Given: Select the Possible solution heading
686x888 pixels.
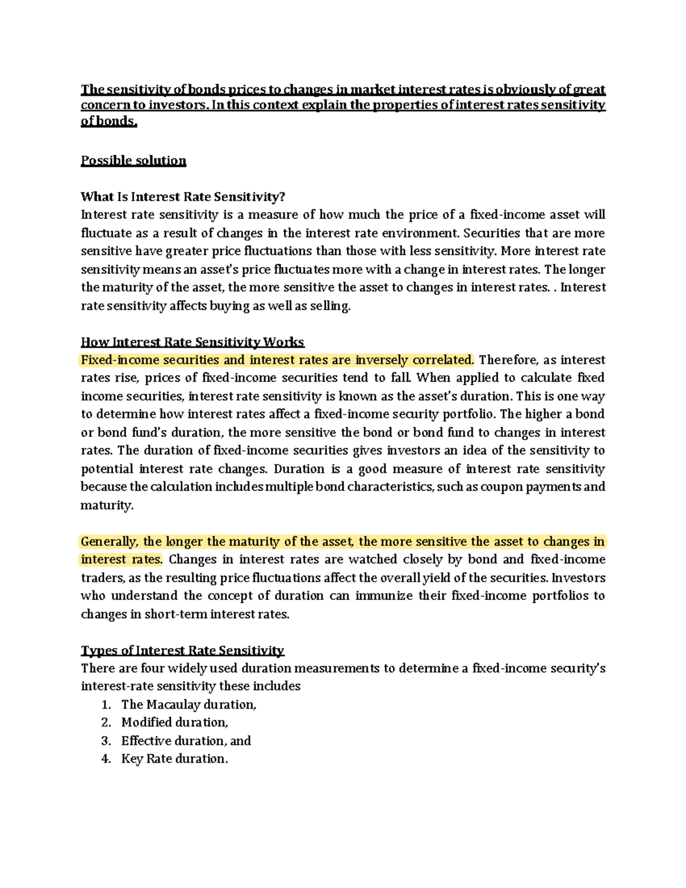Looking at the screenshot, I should tap(133, 161).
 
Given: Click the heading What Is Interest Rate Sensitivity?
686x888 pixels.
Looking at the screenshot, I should tap(182, 197).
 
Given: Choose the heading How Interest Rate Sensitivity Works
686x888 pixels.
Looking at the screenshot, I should tap(192, 343).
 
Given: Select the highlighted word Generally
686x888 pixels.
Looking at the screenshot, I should tap(109, 541).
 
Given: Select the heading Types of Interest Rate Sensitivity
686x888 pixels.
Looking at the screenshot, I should tap(182, 651).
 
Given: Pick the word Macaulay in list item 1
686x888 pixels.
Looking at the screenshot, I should tap(173, 705).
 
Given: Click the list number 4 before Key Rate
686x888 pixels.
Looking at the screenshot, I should tap(106, 759).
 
